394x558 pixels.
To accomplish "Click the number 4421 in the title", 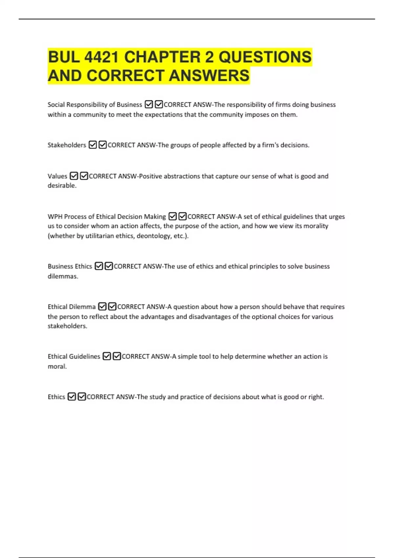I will coord(101,57).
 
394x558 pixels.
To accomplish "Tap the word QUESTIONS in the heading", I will coord(265,57).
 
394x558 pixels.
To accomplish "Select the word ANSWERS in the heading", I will coord(209,75).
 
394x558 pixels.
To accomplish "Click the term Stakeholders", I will coord(67,145).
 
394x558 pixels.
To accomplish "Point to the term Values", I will coord(57,176).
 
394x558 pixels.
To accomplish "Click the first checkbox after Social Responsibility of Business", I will coord(149,105).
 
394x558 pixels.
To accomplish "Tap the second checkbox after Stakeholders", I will coord(102,145).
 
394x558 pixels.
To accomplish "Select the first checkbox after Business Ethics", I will coord(98,266).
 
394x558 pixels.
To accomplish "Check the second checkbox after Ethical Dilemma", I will coord(112,307).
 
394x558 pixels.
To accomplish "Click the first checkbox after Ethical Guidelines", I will coord(107,356).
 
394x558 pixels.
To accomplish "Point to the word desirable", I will coord(62,186).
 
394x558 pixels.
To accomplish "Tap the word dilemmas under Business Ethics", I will coord(63,276).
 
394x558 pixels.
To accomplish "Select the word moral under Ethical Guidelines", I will coord(57,366).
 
